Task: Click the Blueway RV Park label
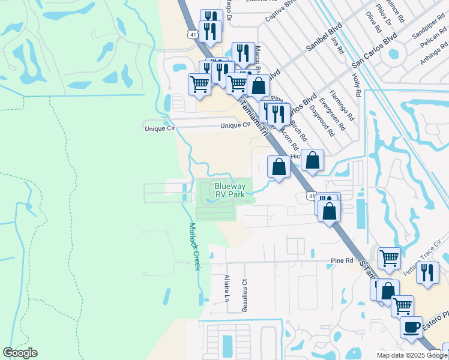tap(230, 191)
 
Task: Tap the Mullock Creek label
tap(194, 246)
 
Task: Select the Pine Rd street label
tap(342, 260)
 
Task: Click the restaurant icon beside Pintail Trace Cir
tap(427, 273)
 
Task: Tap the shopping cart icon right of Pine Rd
tap(390, 259)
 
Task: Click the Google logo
tap(20, 353)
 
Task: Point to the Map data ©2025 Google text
tap(411, 355)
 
